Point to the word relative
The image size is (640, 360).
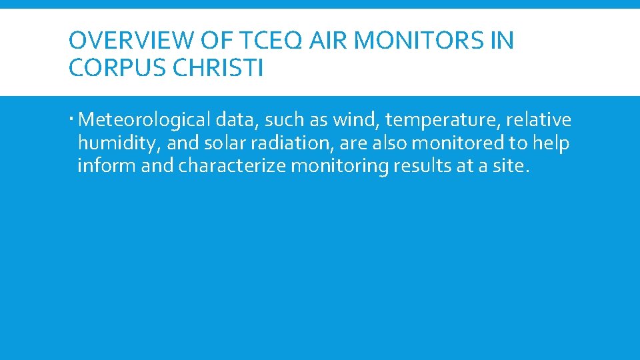(539, 121)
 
